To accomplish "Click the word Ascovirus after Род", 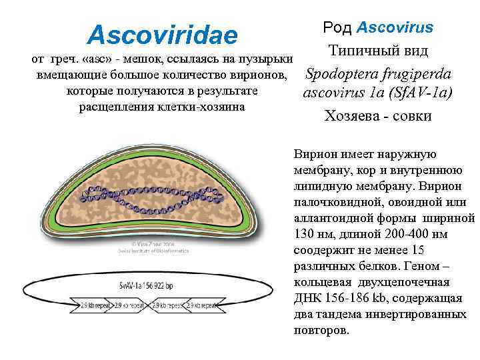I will (395, 28).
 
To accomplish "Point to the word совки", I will (414, 115).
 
